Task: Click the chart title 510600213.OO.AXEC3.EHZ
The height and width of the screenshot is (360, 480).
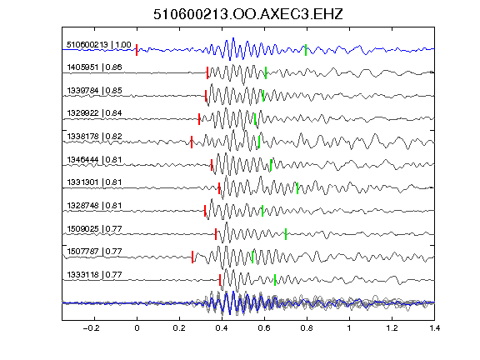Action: [248, 14]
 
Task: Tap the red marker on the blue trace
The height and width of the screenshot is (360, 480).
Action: [137, 50]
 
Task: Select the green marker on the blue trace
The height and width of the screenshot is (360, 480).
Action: [306, 50]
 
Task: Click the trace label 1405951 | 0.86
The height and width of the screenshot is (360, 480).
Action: [95, 67]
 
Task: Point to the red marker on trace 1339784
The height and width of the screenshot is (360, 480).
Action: [206, 96]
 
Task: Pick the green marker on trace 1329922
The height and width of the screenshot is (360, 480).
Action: [255, 119]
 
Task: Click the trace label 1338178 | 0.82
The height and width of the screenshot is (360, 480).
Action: [95, 136]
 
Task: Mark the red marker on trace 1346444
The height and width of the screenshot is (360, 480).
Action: [212, 165]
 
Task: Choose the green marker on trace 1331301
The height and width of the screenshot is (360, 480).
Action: [297, 188]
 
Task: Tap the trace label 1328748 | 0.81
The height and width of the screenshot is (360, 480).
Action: [95, 205]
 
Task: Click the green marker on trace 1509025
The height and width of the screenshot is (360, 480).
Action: [286, 234]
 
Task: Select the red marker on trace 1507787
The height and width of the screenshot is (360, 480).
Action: [192, 257]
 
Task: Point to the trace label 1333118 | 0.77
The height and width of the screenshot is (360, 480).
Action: [95, 275]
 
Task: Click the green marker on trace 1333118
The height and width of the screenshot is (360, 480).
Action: [275, 280]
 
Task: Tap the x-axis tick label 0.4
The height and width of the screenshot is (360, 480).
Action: [222, 328]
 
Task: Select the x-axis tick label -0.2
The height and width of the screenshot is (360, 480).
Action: [92, 328]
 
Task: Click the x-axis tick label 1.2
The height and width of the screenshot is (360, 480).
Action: [392, 328]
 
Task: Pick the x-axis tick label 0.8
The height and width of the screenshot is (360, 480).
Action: [307, 328]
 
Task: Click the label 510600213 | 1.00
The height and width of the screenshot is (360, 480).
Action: [99, 45]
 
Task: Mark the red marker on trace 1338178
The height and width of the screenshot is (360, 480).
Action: [192, 142]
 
